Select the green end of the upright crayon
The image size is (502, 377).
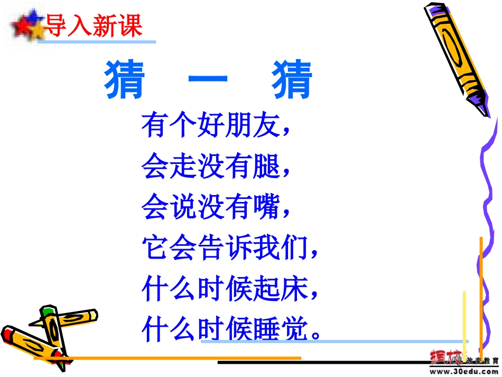[x=49, y=309]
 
